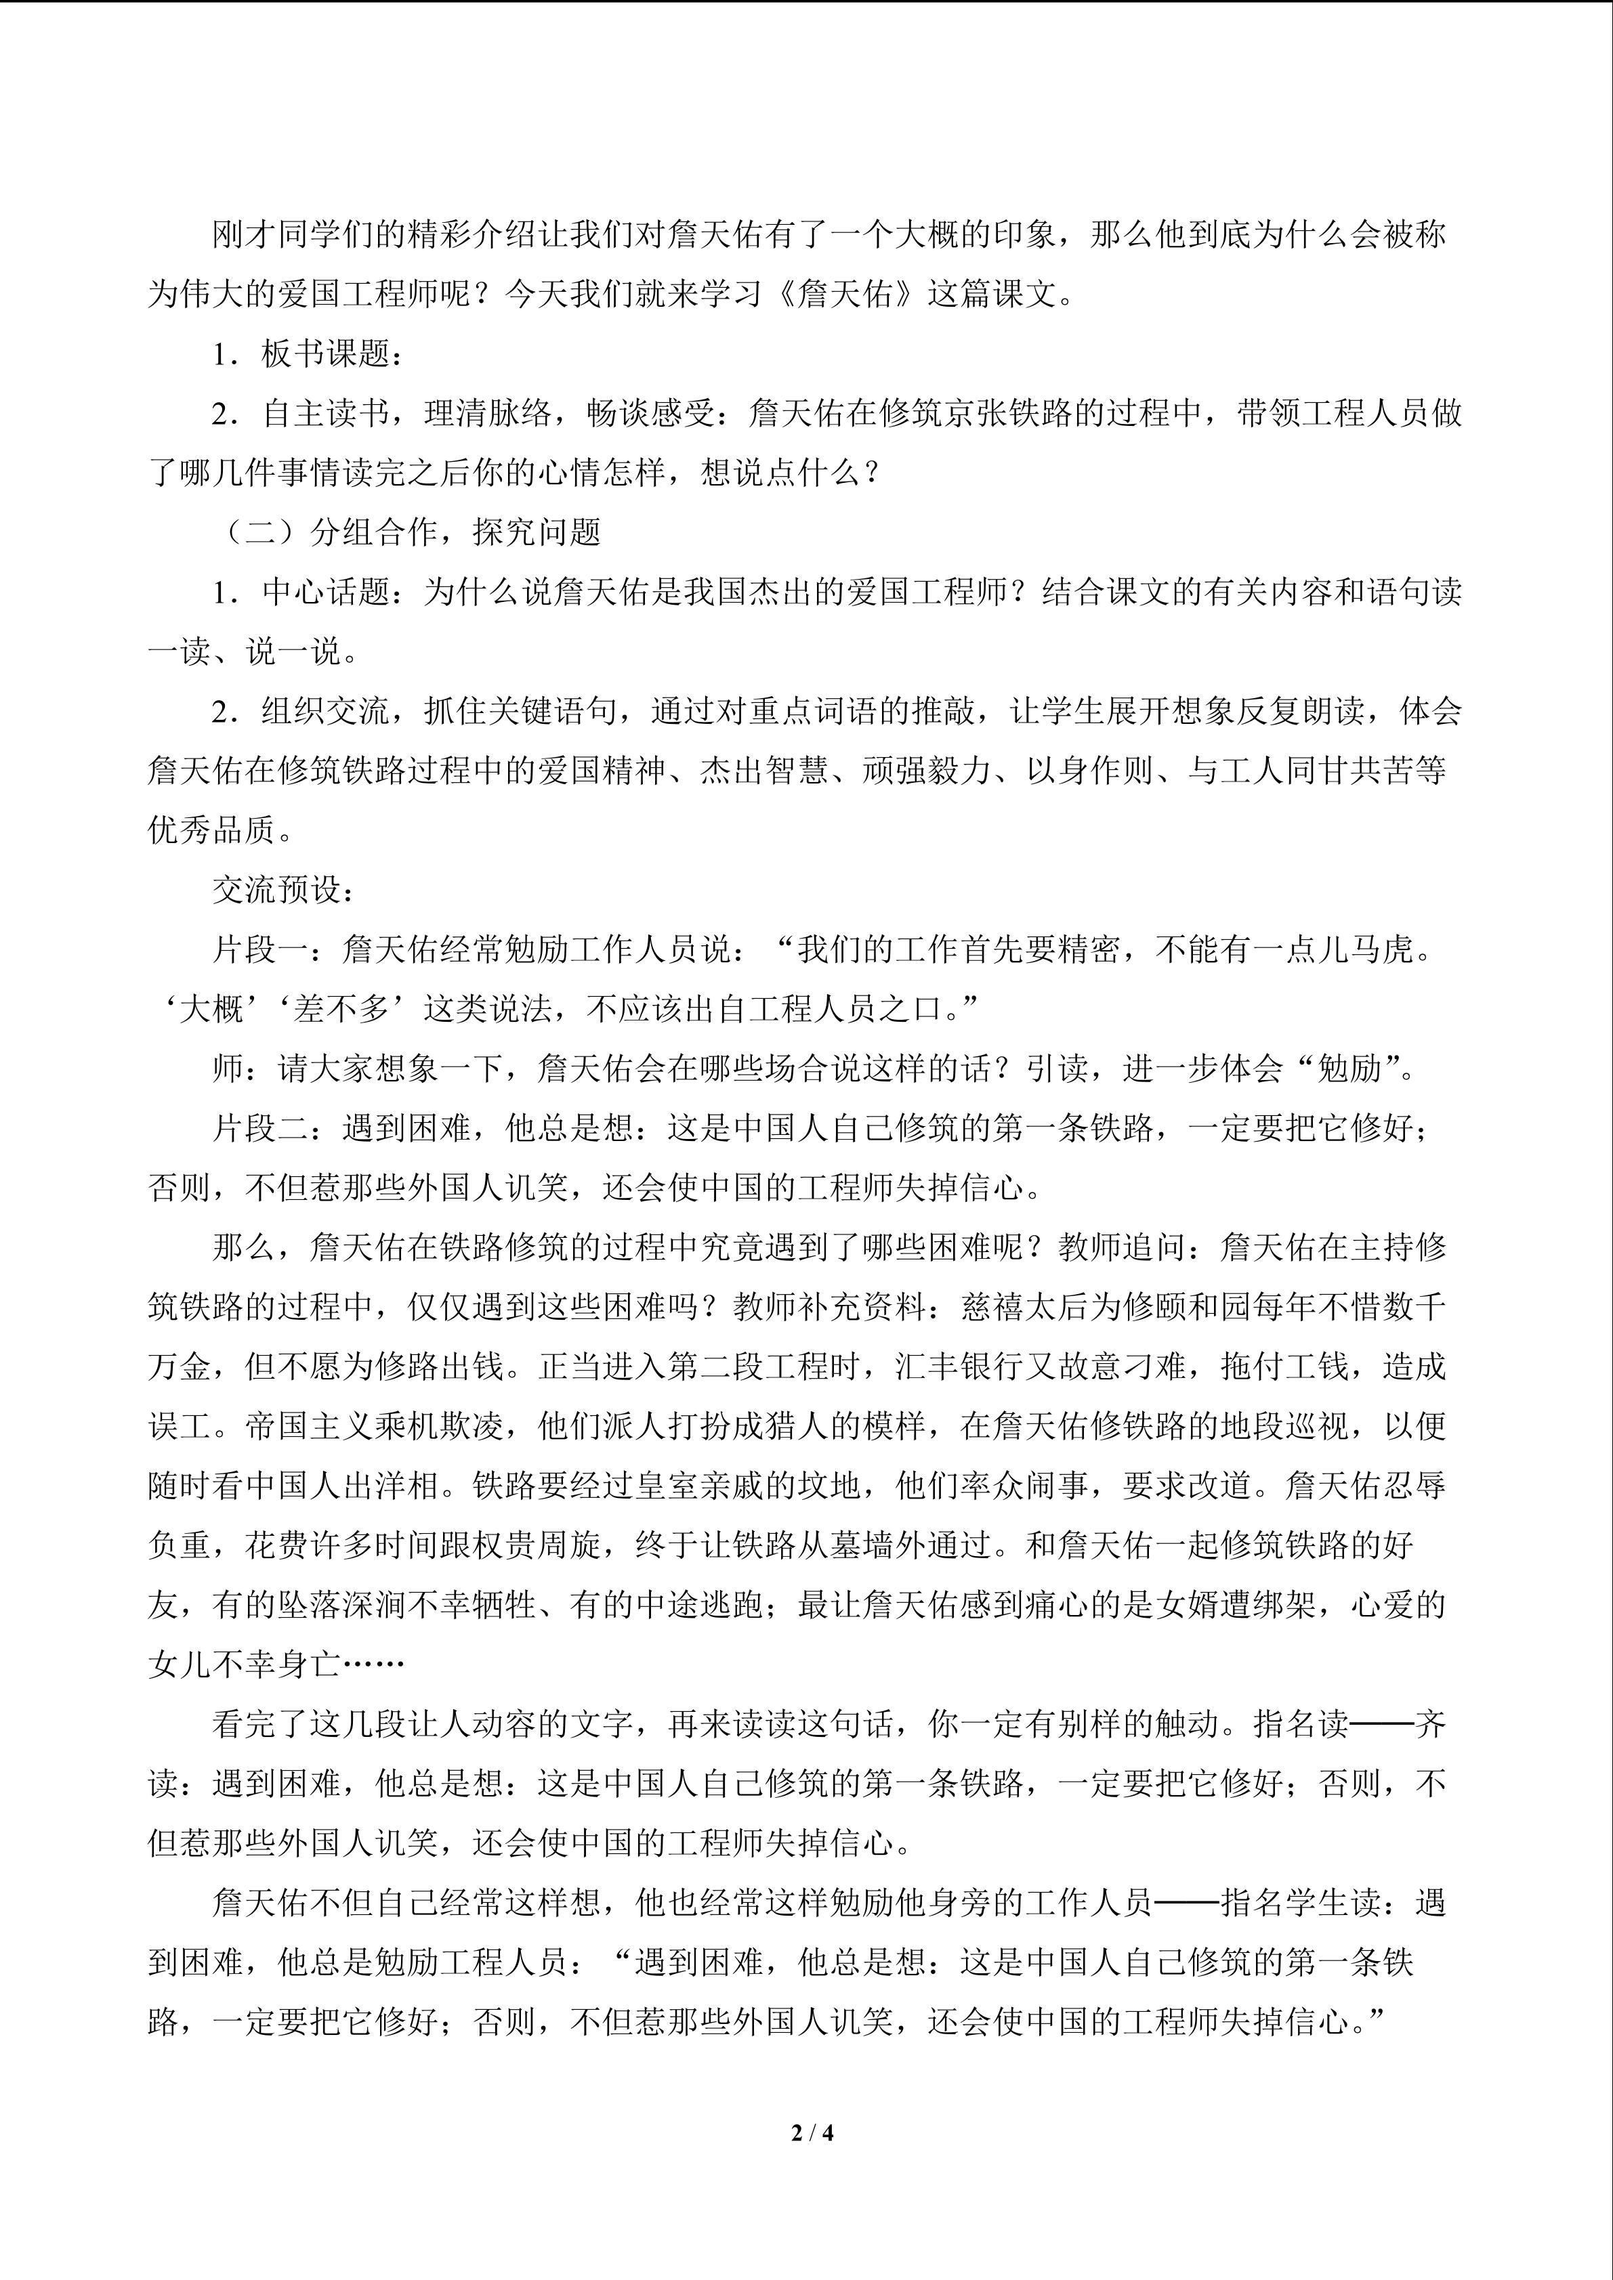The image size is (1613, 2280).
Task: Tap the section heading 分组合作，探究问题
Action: pyautogui.click(x=456, y=533)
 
